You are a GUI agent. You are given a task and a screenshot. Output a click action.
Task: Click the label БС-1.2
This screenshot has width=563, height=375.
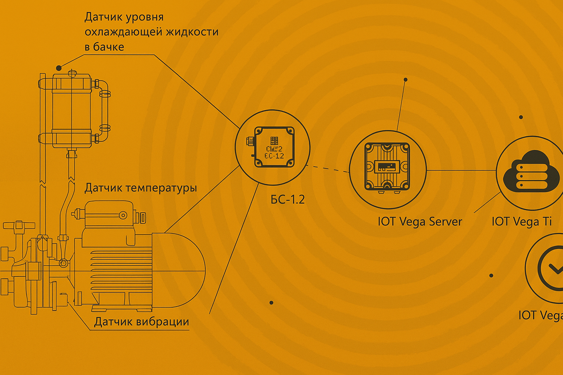pyautogui.click(x=288, y=199)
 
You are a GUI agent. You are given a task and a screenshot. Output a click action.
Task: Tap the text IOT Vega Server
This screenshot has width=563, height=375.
pyautogui.click(x=420, y=222)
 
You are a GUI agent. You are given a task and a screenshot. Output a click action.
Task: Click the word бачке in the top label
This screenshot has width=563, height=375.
pyautogui.click(x=108, y=47)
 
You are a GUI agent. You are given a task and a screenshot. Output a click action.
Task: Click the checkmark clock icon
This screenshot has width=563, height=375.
pyautogui.click(x=552, y=268)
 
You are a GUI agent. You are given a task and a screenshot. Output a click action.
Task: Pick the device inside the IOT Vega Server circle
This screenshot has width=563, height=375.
pyautogui.click(x=387, y=167)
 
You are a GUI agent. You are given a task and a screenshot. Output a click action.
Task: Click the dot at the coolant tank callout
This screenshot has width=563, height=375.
pyautogui.click(x=59, y=68)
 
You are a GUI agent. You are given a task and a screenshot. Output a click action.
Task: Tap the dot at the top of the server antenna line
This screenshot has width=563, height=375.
pyautogui.click(x=405, y=79)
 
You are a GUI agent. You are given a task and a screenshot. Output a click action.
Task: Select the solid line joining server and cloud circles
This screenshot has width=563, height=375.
pyautogui.click(x=461, y=170)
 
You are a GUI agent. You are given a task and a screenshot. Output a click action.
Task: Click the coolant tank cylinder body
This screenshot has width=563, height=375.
pyautogui.click(x=71, y=110)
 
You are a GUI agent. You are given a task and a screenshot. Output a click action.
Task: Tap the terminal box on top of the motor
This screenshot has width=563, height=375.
pyautogui.click(x=106, y=216)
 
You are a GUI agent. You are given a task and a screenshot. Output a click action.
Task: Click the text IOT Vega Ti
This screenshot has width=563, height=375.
pyautogui.click(x=522, y=222)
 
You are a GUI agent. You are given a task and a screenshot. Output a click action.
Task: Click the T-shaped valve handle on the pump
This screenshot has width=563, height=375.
pyautogui.click(x=18, y=226)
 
